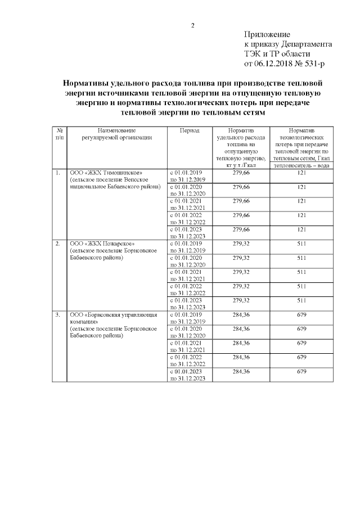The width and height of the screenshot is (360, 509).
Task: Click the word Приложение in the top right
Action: click(267, 35)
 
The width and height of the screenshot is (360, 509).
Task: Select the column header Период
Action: click(189, 130)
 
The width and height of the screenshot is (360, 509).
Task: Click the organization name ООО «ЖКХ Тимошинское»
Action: click(102, 173)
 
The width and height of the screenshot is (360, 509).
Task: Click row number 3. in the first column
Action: click(58, 314)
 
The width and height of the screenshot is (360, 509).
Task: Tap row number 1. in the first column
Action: click(58, 173)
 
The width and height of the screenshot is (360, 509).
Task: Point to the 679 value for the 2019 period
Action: click(301, 314)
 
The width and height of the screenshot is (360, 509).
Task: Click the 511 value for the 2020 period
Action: click(301, 258)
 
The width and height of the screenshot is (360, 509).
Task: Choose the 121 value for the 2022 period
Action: click(301, 215)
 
